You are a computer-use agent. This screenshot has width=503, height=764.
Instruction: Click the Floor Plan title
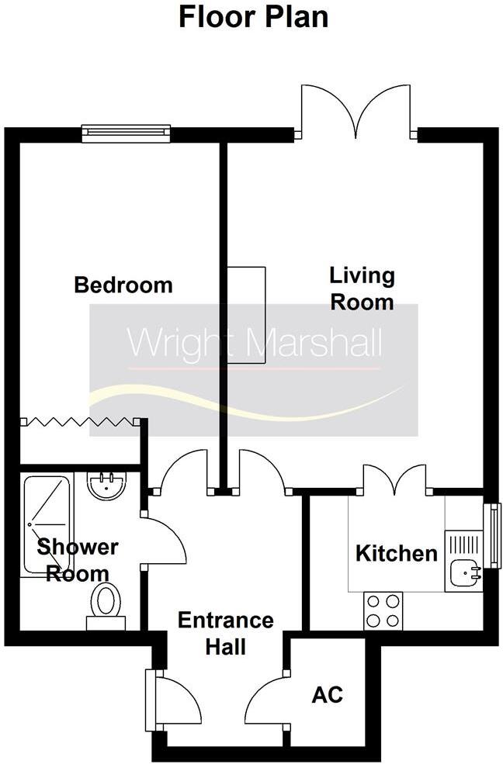(253, 16)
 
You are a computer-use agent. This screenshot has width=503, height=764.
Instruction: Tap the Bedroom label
(123, 285)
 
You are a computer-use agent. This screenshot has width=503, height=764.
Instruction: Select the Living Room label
(362, 289)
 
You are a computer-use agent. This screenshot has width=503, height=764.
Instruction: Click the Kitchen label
(396, 554)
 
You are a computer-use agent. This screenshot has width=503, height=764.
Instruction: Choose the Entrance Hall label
(225, 633)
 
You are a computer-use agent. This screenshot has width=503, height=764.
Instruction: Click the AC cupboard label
(327, 694)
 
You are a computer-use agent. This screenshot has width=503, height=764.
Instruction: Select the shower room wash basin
(107, 486)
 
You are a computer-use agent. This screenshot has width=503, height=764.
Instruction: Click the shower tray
(47, 524)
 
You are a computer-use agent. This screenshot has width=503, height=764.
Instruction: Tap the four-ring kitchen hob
(383, 610)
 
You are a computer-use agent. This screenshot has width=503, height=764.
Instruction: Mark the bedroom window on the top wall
(126, 134)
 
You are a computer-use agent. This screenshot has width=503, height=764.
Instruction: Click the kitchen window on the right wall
(492, 534)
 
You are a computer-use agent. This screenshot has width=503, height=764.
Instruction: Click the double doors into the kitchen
(394, 479)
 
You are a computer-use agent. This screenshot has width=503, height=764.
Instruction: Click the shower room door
(165, 541)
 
